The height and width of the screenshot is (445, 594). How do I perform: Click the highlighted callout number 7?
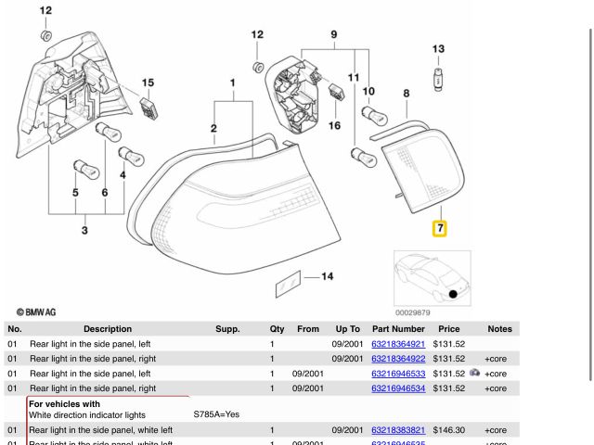tap(440, 227)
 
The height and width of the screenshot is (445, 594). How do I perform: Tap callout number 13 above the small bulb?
tap(438, 49)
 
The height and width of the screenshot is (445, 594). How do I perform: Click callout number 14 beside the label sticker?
tap(327, 276)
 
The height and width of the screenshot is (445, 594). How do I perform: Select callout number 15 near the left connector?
tap(148, 84)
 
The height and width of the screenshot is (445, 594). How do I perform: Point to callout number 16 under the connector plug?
tap(334, 125)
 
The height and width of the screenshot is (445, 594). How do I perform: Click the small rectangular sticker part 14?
tap(288, 286)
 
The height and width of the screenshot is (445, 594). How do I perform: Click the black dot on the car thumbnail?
tap(453, 294)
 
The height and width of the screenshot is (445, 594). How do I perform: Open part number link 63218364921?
tap(398, 344)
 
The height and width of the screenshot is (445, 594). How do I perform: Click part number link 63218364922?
tap(398, 359)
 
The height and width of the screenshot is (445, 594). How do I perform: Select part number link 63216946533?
tap(398, 374)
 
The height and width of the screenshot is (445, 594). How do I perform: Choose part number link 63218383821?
tap(398, 430)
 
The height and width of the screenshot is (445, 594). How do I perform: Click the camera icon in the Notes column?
tap(474, 373)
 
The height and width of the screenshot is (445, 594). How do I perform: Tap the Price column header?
tap(449, 329)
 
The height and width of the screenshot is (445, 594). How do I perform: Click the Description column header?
tap(108, 329)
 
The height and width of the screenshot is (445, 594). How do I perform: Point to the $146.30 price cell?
tap(449, 430)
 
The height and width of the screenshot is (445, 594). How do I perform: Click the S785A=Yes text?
tap(216, 414)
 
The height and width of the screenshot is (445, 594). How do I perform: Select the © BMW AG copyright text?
tap(36, 312)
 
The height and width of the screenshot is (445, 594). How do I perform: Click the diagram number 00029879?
tap(413, 312)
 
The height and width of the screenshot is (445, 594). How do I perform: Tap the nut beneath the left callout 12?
tap(45, 35)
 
